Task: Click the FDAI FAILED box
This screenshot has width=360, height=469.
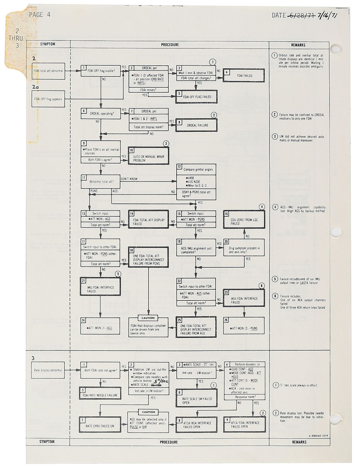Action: coord(244,76)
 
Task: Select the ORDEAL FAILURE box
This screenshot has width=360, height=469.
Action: coord(196,125)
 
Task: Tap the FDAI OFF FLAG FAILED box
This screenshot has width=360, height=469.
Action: coord(196,97)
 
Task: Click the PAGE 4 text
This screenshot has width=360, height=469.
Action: coord(40,14)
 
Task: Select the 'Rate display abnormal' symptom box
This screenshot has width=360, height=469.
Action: coord(48,370)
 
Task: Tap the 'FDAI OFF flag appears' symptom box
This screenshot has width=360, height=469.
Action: coord(48,99)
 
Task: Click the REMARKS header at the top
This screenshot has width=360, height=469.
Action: coord(298,45)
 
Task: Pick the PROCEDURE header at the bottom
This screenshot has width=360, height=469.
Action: coord(169,442)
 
